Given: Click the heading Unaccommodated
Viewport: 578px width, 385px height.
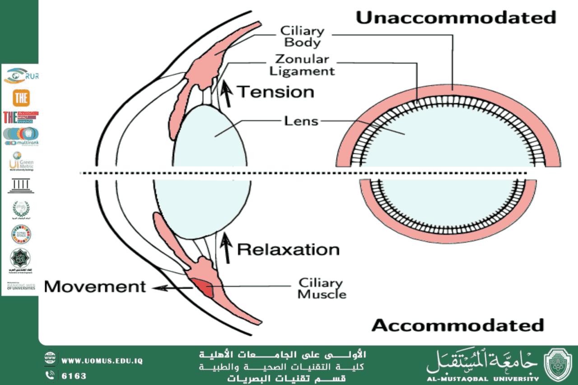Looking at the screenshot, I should click(x=456, y=18).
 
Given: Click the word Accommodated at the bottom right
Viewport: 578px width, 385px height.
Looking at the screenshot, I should click(x=457, y=325).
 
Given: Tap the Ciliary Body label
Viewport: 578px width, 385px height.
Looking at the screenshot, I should click(x=302, y=37).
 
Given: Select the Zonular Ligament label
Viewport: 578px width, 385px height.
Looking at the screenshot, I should click(x=305, y=65).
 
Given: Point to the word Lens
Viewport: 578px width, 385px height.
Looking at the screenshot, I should click(x=301, y=121).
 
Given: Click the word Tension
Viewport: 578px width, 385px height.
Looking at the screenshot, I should click(x=276, y=92).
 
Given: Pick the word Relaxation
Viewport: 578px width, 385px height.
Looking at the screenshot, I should click(x=288, y=249).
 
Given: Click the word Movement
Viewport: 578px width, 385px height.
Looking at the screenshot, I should click(x=95, y=286).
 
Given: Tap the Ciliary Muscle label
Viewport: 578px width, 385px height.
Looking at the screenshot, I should click(x=322, y=289).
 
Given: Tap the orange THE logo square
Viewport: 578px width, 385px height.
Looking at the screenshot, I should click(x=21, y=98).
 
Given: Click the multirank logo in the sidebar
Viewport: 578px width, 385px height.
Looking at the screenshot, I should click(x=21, y=136).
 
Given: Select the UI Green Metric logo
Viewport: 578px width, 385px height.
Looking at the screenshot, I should click(x=21, y=161).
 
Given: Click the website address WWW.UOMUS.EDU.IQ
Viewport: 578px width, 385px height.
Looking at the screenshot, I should click(x=102, y=361).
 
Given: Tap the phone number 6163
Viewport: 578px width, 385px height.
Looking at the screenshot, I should click(x=74, y=376).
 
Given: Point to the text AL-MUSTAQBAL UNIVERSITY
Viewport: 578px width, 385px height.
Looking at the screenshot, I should click(x=482, y=379).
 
